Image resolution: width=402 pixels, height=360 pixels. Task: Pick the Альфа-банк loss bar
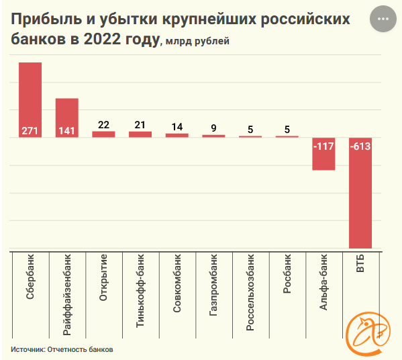(x=323, y=154)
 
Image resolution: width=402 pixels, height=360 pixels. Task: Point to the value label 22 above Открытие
(x=103, y=124)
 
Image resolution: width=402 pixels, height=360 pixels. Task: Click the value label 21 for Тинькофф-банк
(x=140, y=124)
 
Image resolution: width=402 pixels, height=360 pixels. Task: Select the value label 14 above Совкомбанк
(x=177, y=126)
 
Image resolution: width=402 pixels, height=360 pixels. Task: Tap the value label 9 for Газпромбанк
(x=213, y=128)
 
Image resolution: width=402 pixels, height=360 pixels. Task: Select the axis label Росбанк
(x=287, y=276)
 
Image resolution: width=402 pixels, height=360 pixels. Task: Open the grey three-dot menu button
(x=383, y=19)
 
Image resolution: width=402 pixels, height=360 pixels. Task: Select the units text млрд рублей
(x=198, y=42)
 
